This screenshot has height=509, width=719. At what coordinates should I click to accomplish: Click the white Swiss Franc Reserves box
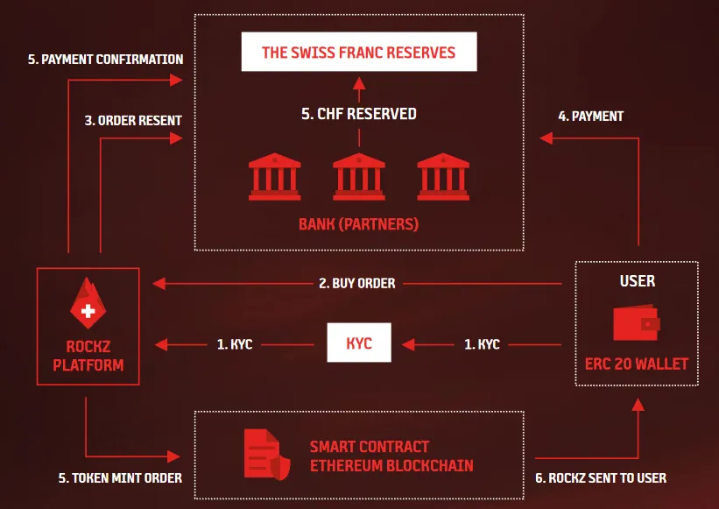[x=359, y=52]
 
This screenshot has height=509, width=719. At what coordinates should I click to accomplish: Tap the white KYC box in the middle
[x=359, y=343]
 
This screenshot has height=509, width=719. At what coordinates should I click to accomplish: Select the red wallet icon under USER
[x=637, y=322]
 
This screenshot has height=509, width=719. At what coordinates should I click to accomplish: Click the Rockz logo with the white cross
[x=88, y=303]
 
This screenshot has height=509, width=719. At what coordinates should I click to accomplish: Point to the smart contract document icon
[x=267, y=455]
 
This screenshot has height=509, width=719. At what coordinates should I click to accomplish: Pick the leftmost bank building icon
[x=275, y=177]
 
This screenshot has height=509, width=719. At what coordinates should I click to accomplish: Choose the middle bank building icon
[x=359, y=177]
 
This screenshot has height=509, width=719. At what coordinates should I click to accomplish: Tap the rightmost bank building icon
[x=443, y=177]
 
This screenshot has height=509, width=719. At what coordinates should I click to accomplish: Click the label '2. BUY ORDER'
[x=357, y=283]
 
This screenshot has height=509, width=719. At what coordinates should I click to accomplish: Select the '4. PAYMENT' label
[x=590, y=116]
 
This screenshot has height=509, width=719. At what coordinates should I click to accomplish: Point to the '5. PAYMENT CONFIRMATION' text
[x=105, y=60]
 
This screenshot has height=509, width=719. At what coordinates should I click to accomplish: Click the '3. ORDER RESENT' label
[x=133, y=121]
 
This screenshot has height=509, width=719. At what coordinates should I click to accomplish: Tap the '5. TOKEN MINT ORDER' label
[x=120, y=477]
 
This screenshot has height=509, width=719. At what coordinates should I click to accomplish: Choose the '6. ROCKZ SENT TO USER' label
[x=601, y=477]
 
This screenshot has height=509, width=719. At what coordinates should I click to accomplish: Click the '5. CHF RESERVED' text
[x=359, y=114]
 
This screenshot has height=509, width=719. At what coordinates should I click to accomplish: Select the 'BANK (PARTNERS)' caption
[x=358, y=224]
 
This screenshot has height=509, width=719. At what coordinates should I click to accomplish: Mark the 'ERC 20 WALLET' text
[x=637, y=364]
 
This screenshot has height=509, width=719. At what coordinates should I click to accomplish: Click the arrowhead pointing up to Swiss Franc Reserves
[x=359, y=83]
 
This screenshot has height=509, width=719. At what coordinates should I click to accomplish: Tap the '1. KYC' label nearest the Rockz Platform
[x=235, y=344]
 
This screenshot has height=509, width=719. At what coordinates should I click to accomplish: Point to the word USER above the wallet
[x=638, y=280]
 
